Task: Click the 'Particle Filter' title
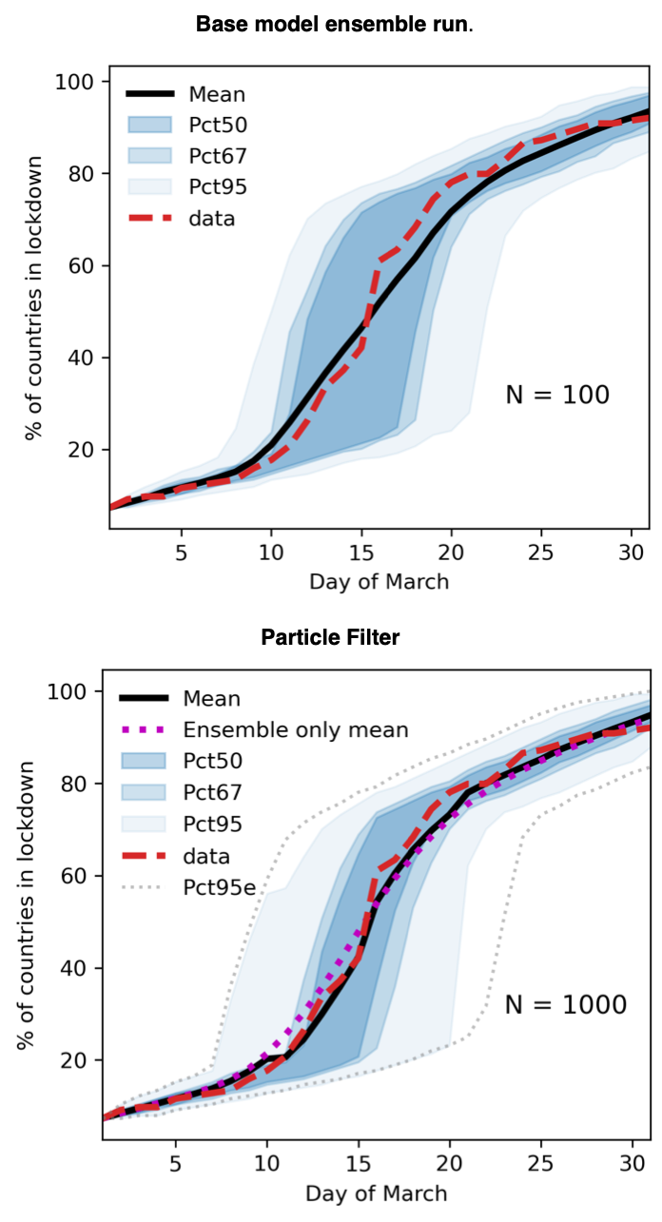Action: pos(330,637)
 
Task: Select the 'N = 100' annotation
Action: pos(556,395)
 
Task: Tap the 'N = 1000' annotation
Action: pos(565,1004)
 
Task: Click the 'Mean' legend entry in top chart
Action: pos(217,94)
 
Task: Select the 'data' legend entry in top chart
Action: pos(212,218)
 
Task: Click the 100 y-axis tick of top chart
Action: pos(78,82)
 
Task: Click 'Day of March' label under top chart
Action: pos(379,580)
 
